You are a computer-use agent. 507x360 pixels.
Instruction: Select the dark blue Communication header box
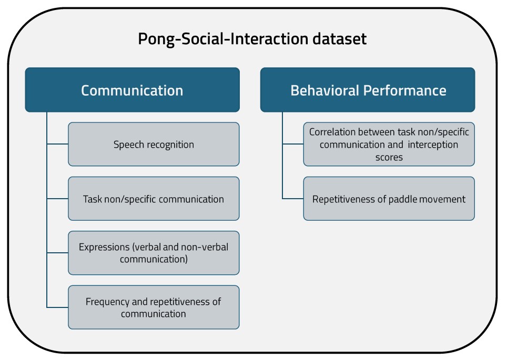pos(132,90)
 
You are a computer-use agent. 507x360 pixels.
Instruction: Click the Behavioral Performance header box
pos(368,90)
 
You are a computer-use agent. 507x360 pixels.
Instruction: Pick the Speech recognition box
pos(154,144)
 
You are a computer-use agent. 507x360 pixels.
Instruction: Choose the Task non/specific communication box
pos(154,199)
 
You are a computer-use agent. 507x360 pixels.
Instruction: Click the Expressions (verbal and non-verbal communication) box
pos(154,253)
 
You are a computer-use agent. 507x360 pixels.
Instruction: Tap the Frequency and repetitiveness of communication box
pos(154,307)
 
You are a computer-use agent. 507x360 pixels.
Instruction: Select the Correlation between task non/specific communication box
pos(389,144)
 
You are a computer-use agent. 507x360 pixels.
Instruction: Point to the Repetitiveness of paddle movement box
pos(389,199)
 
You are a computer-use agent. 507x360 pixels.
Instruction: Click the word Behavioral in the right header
pos(325,90)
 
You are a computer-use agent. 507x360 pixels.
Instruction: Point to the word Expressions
pos(104,247)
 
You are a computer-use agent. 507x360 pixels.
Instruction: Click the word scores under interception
pos(389,157)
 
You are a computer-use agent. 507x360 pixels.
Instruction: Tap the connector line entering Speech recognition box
pos(57,144)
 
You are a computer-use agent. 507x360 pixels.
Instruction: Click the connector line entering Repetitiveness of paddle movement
pos(293,199)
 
